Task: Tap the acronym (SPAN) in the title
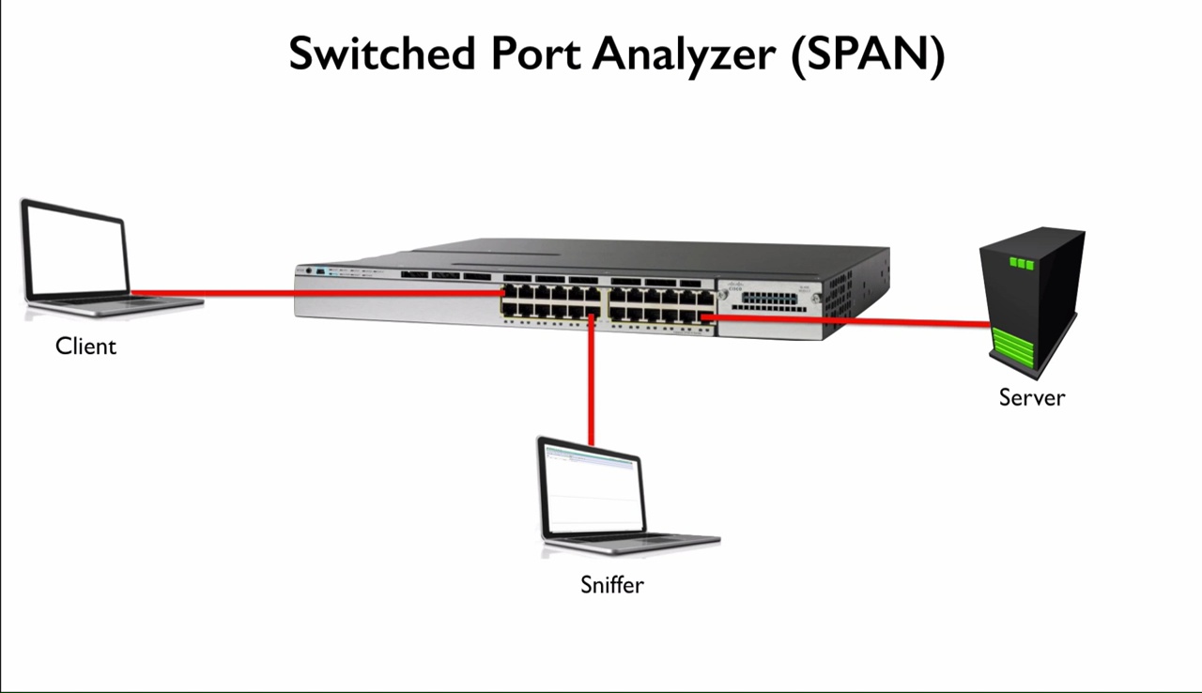pos(867,54)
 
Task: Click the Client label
pos(85,346)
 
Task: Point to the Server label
pos(1032,397)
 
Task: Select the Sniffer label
pos(612,585)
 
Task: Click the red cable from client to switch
pos(310,293)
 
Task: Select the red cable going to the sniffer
pos(592,385)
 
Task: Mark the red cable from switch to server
pos(845,321)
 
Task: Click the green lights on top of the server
pos(1021,263)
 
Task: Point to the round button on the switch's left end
pos(308,270)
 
